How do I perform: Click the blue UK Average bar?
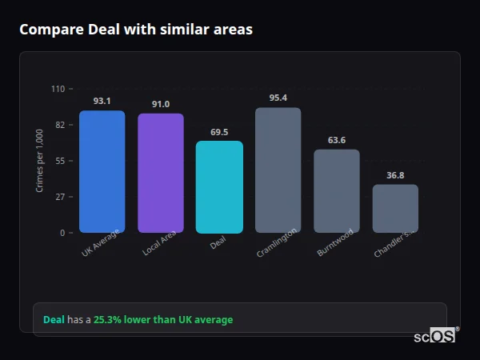point(102,171)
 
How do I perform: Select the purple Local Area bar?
point(161,173)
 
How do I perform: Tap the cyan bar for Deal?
point(219,186)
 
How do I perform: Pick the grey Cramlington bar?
point(278,170)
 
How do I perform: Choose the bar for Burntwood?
point(336,190)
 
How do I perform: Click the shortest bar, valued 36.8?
point(395,208)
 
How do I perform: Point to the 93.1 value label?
point(102,101)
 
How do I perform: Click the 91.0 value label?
point(161,104)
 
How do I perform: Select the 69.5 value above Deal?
point(219,131)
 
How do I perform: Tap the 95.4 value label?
point(278,98)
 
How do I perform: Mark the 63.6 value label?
point(336,140)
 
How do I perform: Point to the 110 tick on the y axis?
point(58,89)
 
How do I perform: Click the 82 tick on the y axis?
point(60,125)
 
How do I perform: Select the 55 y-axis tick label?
point(60,161)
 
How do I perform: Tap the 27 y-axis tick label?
point(60,197)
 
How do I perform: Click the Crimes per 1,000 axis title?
point(40,160)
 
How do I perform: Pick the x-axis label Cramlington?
point(278,242)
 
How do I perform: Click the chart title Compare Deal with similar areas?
point(136,30)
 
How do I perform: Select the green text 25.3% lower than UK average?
point(163,320)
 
